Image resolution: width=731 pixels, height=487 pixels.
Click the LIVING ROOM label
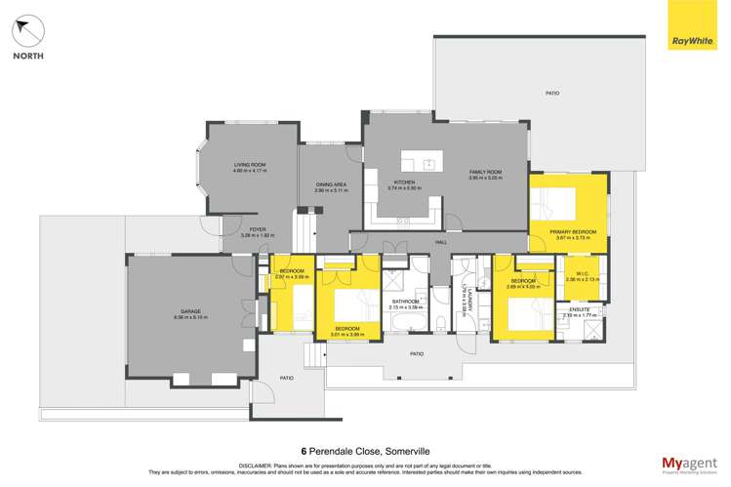tap(250, 165)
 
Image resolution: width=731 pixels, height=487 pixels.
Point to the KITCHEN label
tap(404, 183)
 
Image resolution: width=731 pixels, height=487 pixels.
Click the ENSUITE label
tap(576, 309)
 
